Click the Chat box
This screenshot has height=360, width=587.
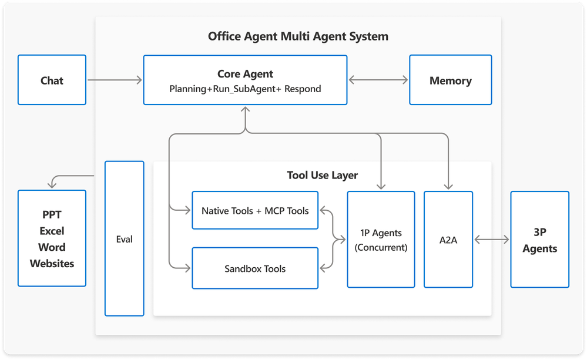tap(52, 80)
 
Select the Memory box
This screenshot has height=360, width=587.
tap(450, 80)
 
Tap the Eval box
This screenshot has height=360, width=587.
tap(125, 239)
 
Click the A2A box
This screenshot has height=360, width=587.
tap(448, 240)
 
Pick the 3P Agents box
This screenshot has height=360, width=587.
tap(539, 240)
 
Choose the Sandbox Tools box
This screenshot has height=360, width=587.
tap(255, 268)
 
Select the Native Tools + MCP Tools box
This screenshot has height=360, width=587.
tap(255, 210)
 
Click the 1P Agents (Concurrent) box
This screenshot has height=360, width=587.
tap(381, 240)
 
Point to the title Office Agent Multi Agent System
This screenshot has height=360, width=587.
tap(298, 36)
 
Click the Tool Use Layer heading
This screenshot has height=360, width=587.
tap(322, 175)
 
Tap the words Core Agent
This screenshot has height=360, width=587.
tap(245, 74)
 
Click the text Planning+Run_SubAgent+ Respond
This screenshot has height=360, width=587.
tap(245, 89)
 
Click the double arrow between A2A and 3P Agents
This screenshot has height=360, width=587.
tap(491, 240)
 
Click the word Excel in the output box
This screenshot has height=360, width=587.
tap(52, 231)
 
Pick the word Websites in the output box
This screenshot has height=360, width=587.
tap(52, 264)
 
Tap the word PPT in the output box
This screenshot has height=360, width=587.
tap(52, 214)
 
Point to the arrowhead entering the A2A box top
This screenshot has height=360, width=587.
tap(448, 187)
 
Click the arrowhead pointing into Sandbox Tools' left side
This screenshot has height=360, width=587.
tap(188, 268)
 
